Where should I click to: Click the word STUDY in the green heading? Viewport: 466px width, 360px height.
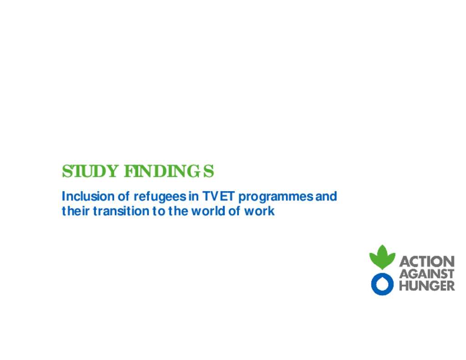pos(90,171)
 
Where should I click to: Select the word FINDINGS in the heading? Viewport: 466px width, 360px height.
pos(169,171)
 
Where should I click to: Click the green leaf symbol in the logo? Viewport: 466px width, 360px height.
pos(382,257)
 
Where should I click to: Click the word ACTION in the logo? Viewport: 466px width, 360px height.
pos(427,262)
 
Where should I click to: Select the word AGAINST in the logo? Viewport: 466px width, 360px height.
pos(427,274)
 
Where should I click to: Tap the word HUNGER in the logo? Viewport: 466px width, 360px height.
pos(427,286)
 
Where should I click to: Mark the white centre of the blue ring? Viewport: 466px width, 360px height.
pos(382,284)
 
